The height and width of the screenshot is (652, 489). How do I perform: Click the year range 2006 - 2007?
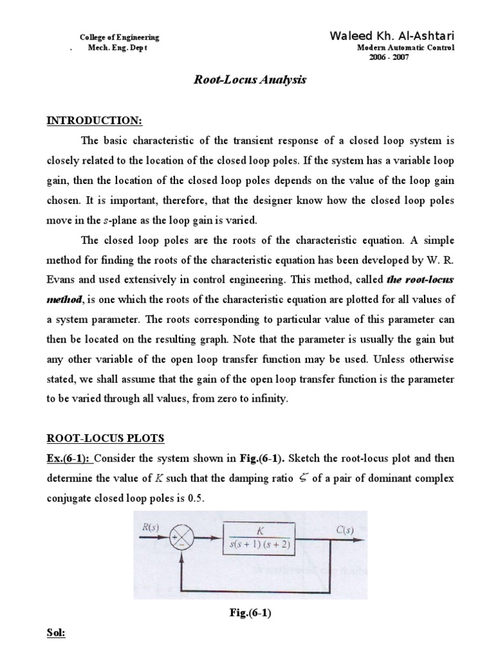coord(389,57)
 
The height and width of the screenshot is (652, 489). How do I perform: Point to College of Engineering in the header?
coord(120,38)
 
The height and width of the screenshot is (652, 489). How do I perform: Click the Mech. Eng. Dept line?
coord(117,48)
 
